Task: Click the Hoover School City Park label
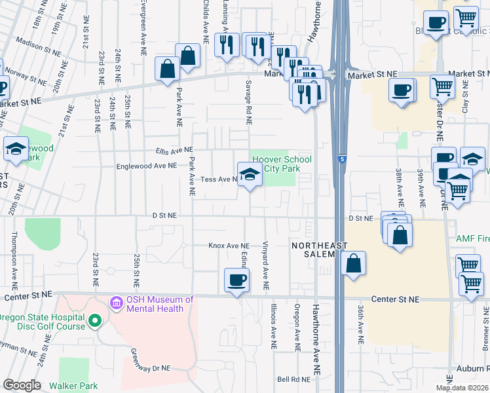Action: tap(282, 164)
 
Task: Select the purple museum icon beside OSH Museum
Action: tap(117, 303)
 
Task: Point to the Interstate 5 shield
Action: tap(342, 159)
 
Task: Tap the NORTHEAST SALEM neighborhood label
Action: tap(314, 250)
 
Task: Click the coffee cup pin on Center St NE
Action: tap(236, 280)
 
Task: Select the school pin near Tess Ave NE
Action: tap(249, 176)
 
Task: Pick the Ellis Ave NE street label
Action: tap(174, 150)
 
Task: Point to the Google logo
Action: tap(21, 385)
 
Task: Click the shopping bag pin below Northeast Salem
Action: tap(353, 264)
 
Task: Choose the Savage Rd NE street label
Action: tap(249, 103)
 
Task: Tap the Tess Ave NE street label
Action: tap(219, 179)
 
